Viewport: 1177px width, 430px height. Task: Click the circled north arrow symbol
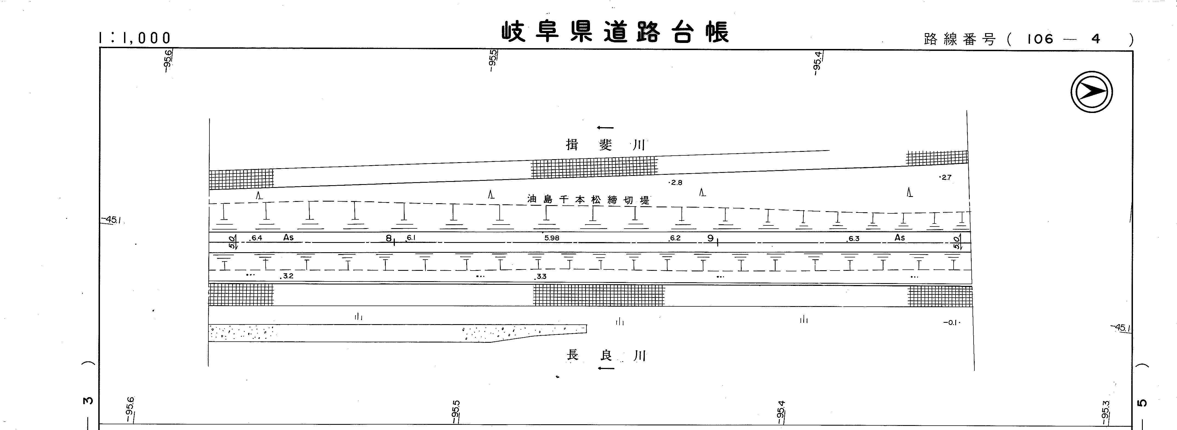[x=1092, y=92]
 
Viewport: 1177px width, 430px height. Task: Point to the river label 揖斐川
[x=605, y=145]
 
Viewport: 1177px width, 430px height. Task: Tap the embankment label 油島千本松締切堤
[x=588, y=199]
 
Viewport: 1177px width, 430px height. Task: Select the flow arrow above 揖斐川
[x=605, y=128]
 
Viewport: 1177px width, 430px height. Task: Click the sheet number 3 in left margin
[x=88, y=401]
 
